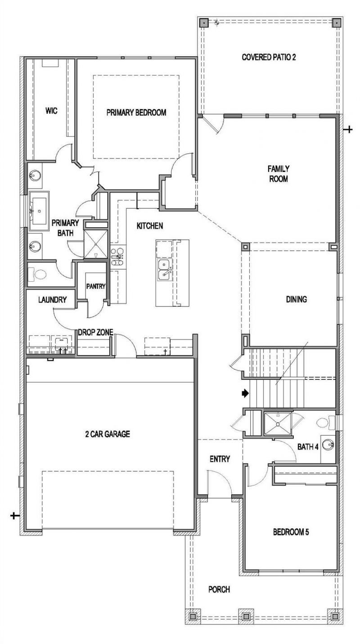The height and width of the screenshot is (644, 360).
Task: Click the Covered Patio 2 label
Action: point(269,57)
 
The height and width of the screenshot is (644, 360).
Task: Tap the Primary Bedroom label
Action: point(136,113)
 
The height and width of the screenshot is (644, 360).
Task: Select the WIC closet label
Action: point(51,111)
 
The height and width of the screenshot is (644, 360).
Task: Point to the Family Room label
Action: point(279,174)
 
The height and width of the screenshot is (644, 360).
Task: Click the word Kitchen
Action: point(149,226)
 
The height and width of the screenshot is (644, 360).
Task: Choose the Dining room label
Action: point(296,299)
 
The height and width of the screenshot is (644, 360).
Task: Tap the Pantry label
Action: point(96,286)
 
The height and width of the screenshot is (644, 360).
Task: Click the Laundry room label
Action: point(52,300)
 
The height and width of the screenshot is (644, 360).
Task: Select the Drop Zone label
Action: point(95,332)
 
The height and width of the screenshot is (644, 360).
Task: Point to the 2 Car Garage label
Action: point(108,434)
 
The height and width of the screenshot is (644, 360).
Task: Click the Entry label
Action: point(220,459)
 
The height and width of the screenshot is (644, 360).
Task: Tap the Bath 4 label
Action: point(308,447)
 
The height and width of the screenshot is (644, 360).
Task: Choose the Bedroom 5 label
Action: point(291,532)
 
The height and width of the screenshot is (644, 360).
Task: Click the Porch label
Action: point(219,590)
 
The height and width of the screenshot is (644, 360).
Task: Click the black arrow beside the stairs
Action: point(245,393)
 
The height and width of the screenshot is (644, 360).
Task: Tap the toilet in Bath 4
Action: point(326,423)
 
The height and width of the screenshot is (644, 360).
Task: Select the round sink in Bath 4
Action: point(328,445)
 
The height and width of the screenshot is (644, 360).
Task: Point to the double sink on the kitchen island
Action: point(164,269)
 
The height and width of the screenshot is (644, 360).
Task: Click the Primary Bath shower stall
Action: point(95,244)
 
